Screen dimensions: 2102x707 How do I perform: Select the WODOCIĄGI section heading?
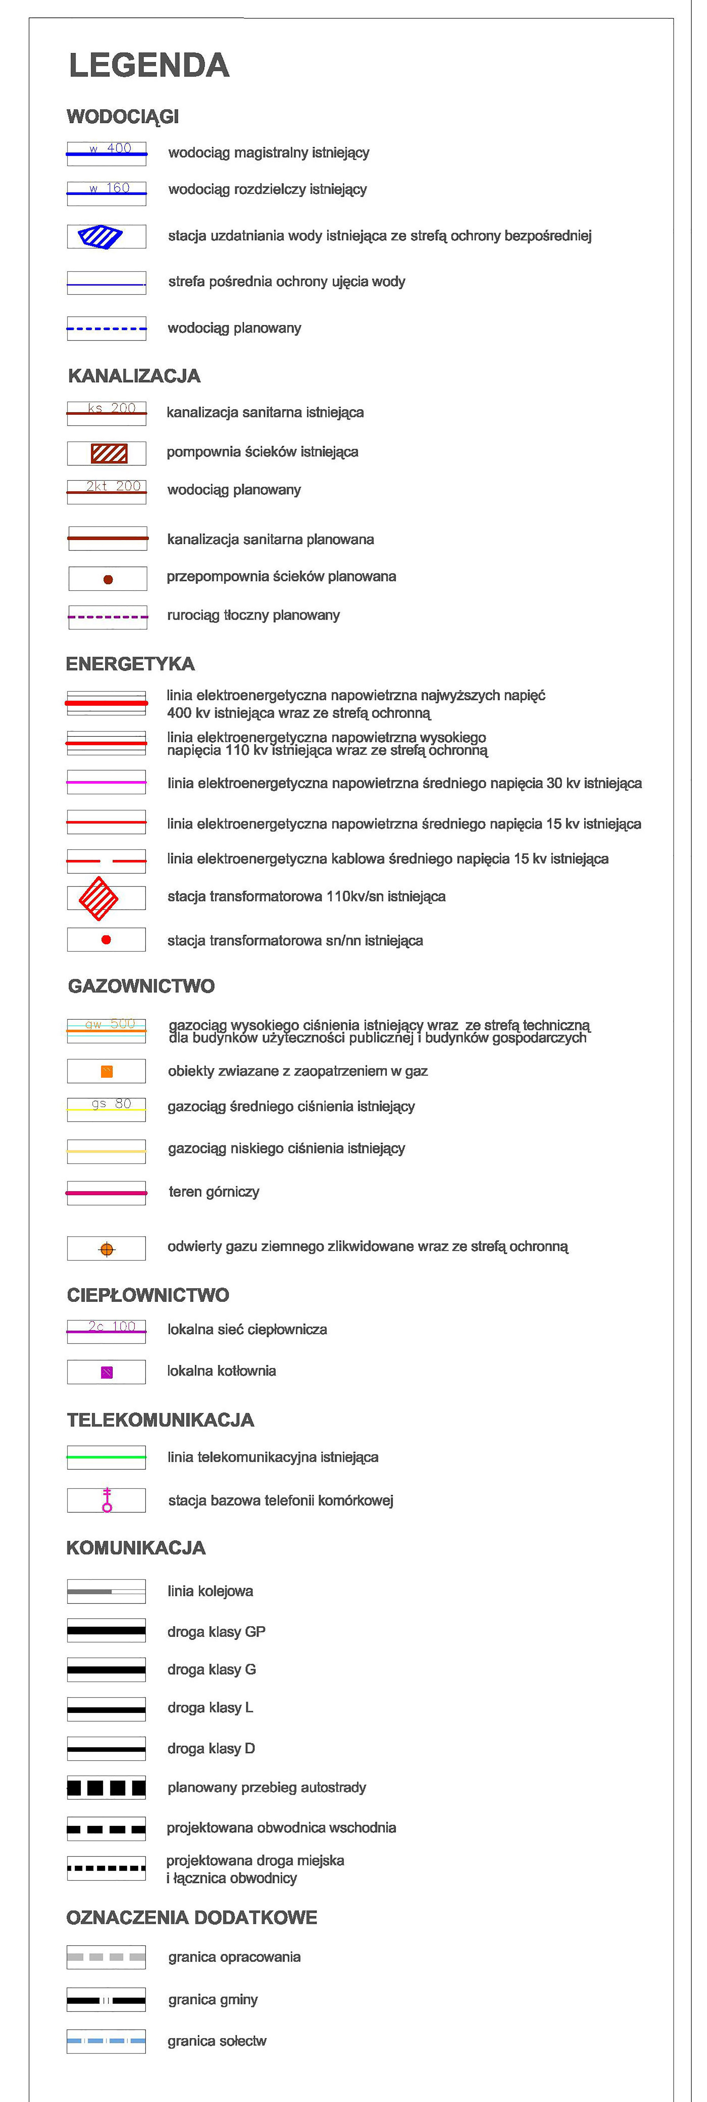[x=123, y=117]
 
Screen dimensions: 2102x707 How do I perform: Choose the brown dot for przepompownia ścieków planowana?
[x=108, y=579]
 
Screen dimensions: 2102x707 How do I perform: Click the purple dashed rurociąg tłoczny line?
[x=108, y=617]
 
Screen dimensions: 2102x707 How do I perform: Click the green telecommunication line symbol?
[x=106, y=1456]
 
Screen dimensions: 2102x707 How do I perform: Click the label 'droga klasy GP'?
[x=216, y=1631]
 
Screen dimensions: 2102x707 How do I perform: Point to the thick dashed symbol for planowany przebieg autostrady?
[x=106, y=1788]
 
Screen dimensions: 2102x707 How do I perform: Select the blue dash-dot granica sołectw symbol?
[x=106, y=2041]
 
